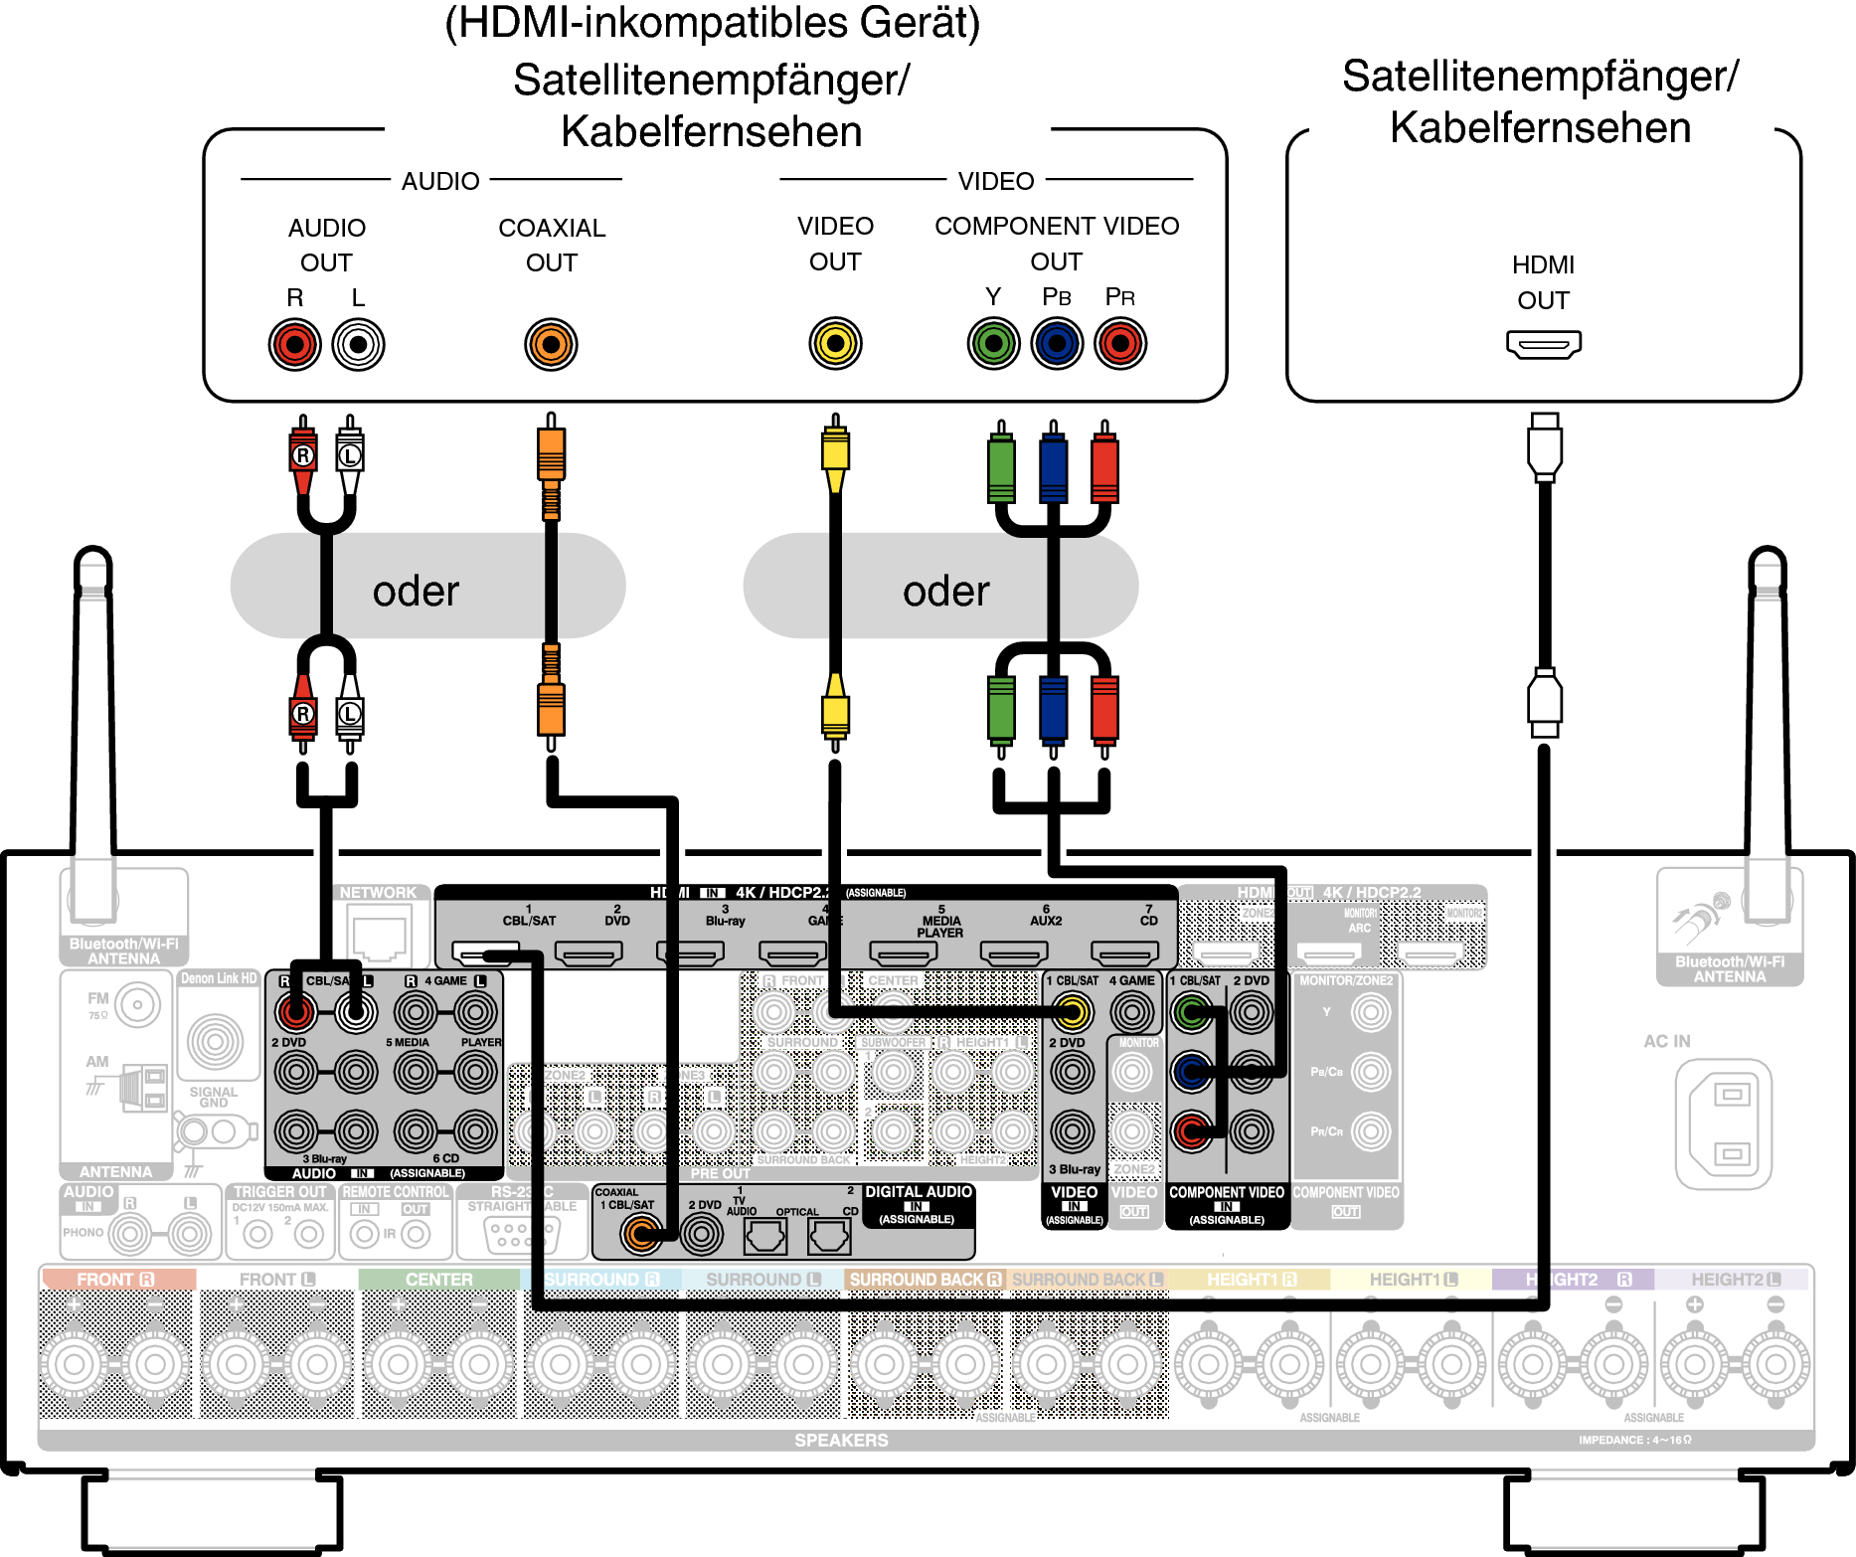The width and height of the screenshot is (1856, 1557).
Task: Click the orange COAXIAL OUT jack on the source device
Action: [x=551, y=344]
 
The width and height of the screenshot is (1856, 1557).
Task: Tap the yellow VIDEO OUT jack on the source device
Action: [x=835, y=344]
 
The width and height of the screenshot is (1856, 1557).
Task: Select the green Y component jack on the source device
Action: [x=993, y=344]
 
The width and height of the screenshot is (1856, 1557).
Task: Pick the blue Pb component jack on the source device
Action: [x=1057, y=344]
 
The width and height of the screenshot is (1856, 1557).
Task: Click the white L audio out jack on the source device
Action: [x=358, y=344]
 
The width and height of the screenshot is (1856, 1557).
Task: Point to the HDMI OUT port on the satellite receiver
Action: [x=1543, y=345]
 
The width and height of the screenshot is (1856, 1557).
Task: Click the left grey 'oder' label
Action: [x=416, y=592]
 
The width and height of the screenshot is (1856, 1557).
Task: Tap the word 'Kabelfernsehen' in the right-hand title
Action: [x=1540, y=128]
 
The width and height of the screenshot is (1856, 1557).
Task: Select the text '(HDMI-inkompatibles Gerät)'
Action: [x=712, y=23]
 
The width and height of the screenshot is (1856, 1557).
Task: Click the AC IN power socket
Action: [x=1724, y=1124]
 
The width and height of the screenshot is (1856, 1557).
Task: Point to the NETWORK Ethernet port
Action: [x=379, y=938]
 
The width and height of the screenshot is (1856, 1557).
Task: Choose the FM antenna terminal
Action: [x=137, y=1005]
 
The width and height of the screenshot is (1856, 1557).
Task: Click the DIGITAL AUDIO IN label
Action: [x=918, y=1204]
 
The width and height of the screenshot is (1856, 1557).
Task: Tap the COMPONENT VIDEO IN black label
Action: [x=1227, y=1204]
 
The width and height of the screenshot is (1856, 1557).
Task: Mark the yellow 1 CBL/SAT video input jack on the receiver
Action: [x=1071, y=1013]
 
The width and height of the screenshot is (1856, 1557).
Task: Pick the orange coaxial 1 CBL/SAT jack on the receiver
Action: [x=641, y=1235]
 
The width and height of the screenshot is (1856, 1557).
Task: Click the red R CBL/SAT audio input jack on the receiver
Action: [x=295, y=1013]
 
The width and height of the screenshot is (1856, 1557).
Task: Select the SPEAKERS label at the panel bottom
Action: [x=841, y=1440]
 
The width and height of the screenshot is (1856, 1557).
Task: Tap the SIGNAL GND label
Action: [x=213, y=1097]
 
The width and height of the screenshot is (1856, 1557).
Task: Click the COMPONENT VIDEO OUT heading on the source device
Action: [x=1056, y=243]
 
